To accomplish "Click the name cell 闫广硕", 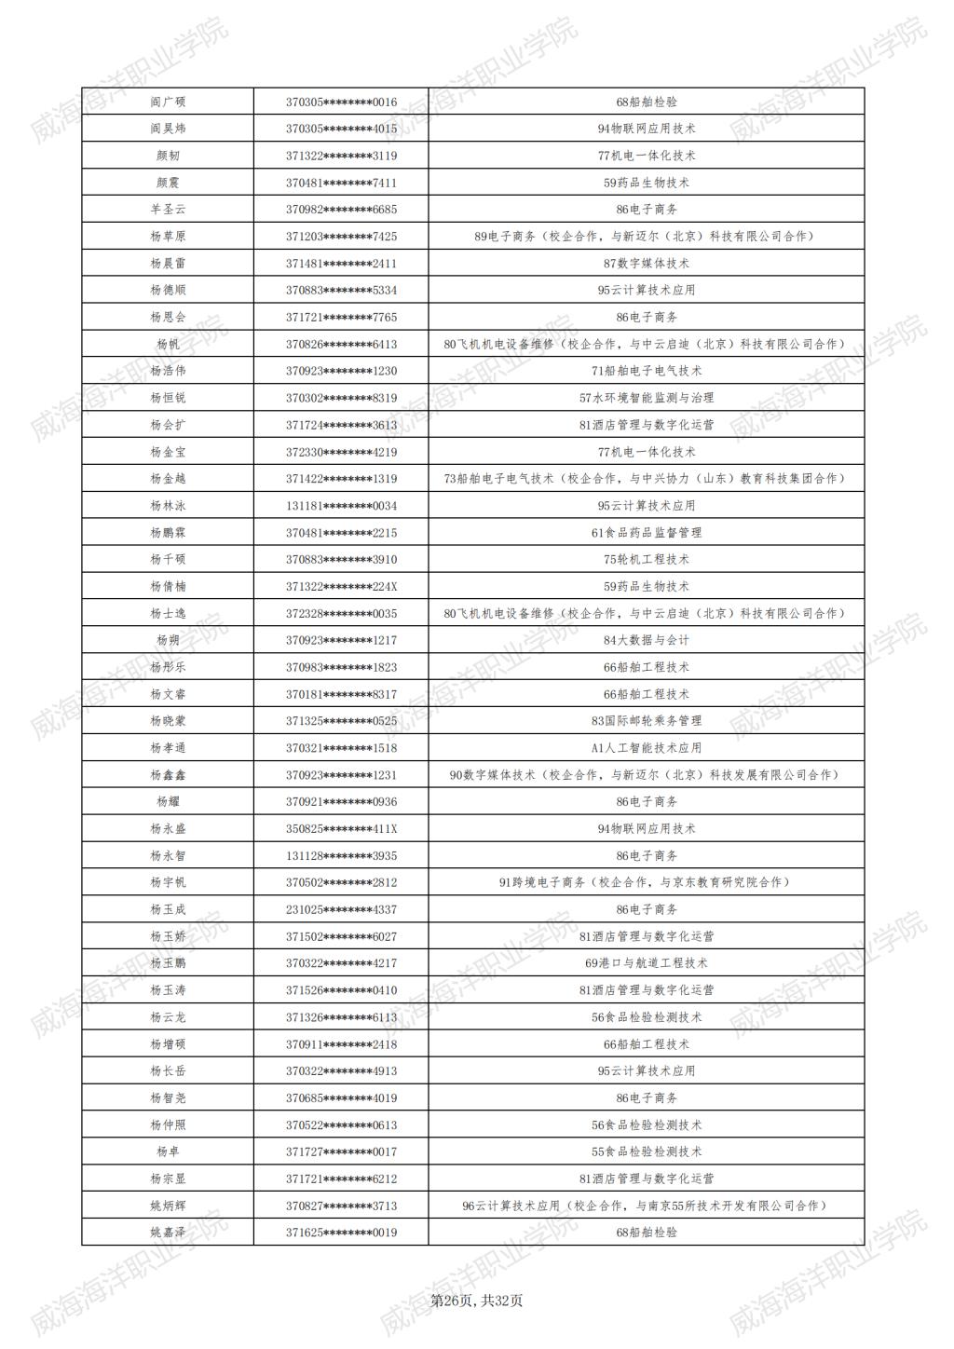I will tap(168, 102).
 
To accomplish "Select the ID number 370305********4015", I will tap(341, 129).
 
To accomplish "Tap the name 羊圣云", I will tap(168, 210).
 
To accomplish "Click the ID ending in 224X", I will tap(341, 587).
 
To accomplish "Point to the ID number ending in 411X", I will tap(341, 829).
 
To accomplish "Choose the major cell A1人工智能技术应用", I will tap(647, 748).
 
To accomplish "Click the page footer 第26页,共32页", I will tap(476, 1301).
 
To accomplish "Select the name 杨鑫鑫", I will tap(168, 775).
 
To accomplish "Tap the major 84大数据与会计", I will tap(647, 640).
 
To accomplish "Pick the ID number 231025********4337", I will tap(341, 909).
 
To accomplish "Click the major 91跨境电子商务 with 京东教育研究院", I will tap(647, 882).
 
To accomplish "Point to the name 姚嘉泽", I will tap(168, 1233).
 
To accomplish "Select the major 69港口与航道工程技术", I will tap(647, 963).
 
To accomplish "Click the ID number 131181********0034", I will tap(341, 506).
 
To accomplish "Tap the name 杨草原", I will tap(168, 237).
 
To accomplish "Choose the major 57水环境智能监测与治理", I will tap(647, 398).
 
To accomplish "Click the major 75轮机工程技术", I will tap(647, 559).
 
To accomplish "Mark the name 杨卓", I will tap(168, 1151).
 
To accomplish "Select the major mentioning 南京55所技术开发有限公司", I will tap(647, 1206).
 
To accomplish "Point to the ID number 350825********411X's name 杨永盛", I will tap(168, 829).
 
